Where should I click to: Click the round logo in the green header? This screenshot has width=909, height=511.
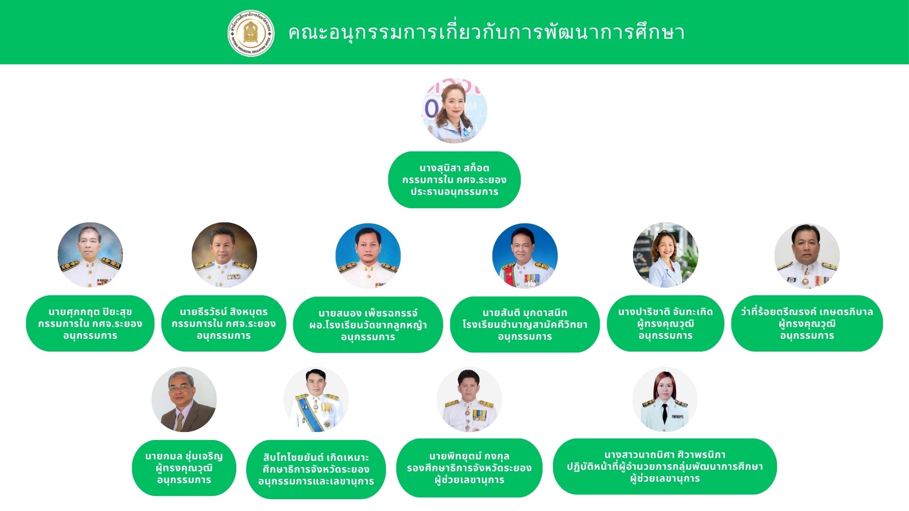pos(251,33)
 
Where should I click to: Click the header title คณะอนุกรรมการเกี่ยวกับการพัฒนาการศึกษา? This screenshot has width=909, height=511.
pos(487,33)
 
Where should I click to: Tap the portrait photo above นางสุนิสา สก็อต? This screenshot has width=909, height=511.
pos(454,110)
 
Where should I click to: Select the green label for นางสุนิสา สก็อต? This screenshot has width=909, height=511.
pos(454,180)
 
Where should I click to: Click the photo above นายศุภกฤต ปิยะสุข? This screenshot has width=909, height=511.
pos(90,255)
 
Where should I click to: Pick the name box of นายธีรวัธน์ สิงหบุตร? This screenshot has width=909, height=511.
pos(223,324)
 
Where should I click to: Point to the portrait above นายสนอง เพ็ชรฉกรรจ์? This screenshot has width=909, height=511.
pos(368,256)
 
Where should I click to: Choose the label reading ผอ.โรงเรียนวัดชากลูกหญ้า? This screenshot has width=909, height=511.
pos(368,325)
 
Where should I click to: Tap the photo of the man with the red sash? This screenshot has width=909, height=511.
pos(525,256)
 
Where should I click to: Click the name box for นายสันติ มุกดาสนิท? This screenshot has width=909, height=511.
pos(525,325)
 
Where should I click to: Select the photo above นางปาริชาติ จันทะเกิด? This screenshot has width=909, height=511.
pos(665,255)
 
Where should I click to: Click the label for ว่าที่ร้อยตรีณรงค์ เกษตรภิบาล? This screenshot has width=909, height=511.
pos(807,324)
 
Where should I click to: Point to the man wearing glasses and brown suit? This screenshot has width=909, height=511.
pos(184,399)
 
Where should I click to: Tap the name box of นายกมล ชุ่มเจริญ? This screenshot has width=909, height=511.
pos(184,468)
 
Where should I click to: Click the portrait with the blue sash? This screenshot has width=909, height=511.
pos(316,400)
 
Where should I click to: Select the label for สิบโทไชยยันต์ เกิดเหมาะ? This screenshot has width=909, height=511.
pos(316,469)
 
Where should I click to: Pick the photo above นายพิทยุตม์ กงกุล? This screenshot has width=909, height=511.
pos(469,399)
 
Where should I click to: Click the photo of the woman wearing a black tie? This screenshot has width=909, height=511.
pos(665,399)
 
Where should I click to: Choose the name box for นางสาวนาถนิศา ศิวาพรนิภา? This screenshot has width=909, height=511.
pos(665,467)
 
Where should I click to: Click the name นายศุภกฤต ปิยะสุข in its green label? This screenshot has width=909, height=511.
pos(90,312)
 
